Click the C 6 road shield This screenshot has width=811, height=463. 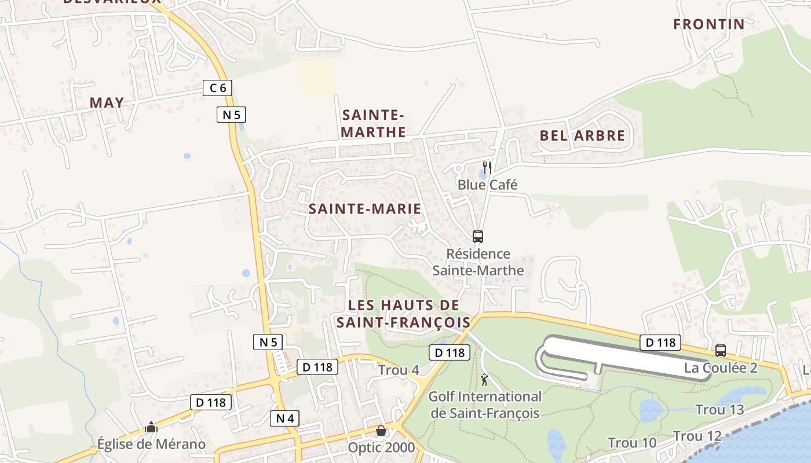[218, 88]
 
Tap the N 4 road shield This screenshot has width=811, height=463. [284, 418]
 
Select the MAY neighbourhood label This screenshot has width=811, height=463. [107, 103]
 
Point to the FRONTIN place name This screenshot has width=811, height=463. [708, 24]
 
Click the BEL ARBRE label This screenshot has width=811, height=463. [582, 136]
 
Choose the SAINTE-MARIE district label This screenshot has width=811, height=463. [365, 209]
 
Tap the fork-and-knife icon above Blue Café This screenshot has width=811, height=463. [487, 168]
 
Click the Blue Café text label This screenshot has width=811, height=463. [487, 185]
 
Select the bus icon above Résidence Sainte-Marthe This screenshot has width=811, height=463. [478, 236]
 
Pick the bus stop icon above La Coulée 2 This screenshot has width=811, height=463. [721, 351]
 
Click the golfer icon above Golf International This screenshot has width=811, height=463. [484, 380]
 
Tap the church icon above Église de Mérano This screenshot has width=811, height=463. [151, 428]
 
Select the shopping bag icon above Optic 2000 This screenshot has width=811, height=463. [381, 431]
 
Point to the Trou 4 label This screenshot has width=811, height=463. [398, 370]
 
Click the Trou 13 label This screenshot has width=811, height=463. [719, 410]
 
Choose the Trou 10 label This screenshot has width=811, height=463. [632, 443]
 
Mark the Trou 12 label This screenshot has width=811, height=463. [697, 436]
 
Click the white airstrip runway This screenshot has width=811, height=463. [626, 355]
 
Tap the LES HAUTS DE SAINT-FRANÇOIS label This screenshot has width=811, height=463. [404, 314]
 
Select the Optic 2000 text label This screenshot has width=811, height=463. [381, 447]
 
